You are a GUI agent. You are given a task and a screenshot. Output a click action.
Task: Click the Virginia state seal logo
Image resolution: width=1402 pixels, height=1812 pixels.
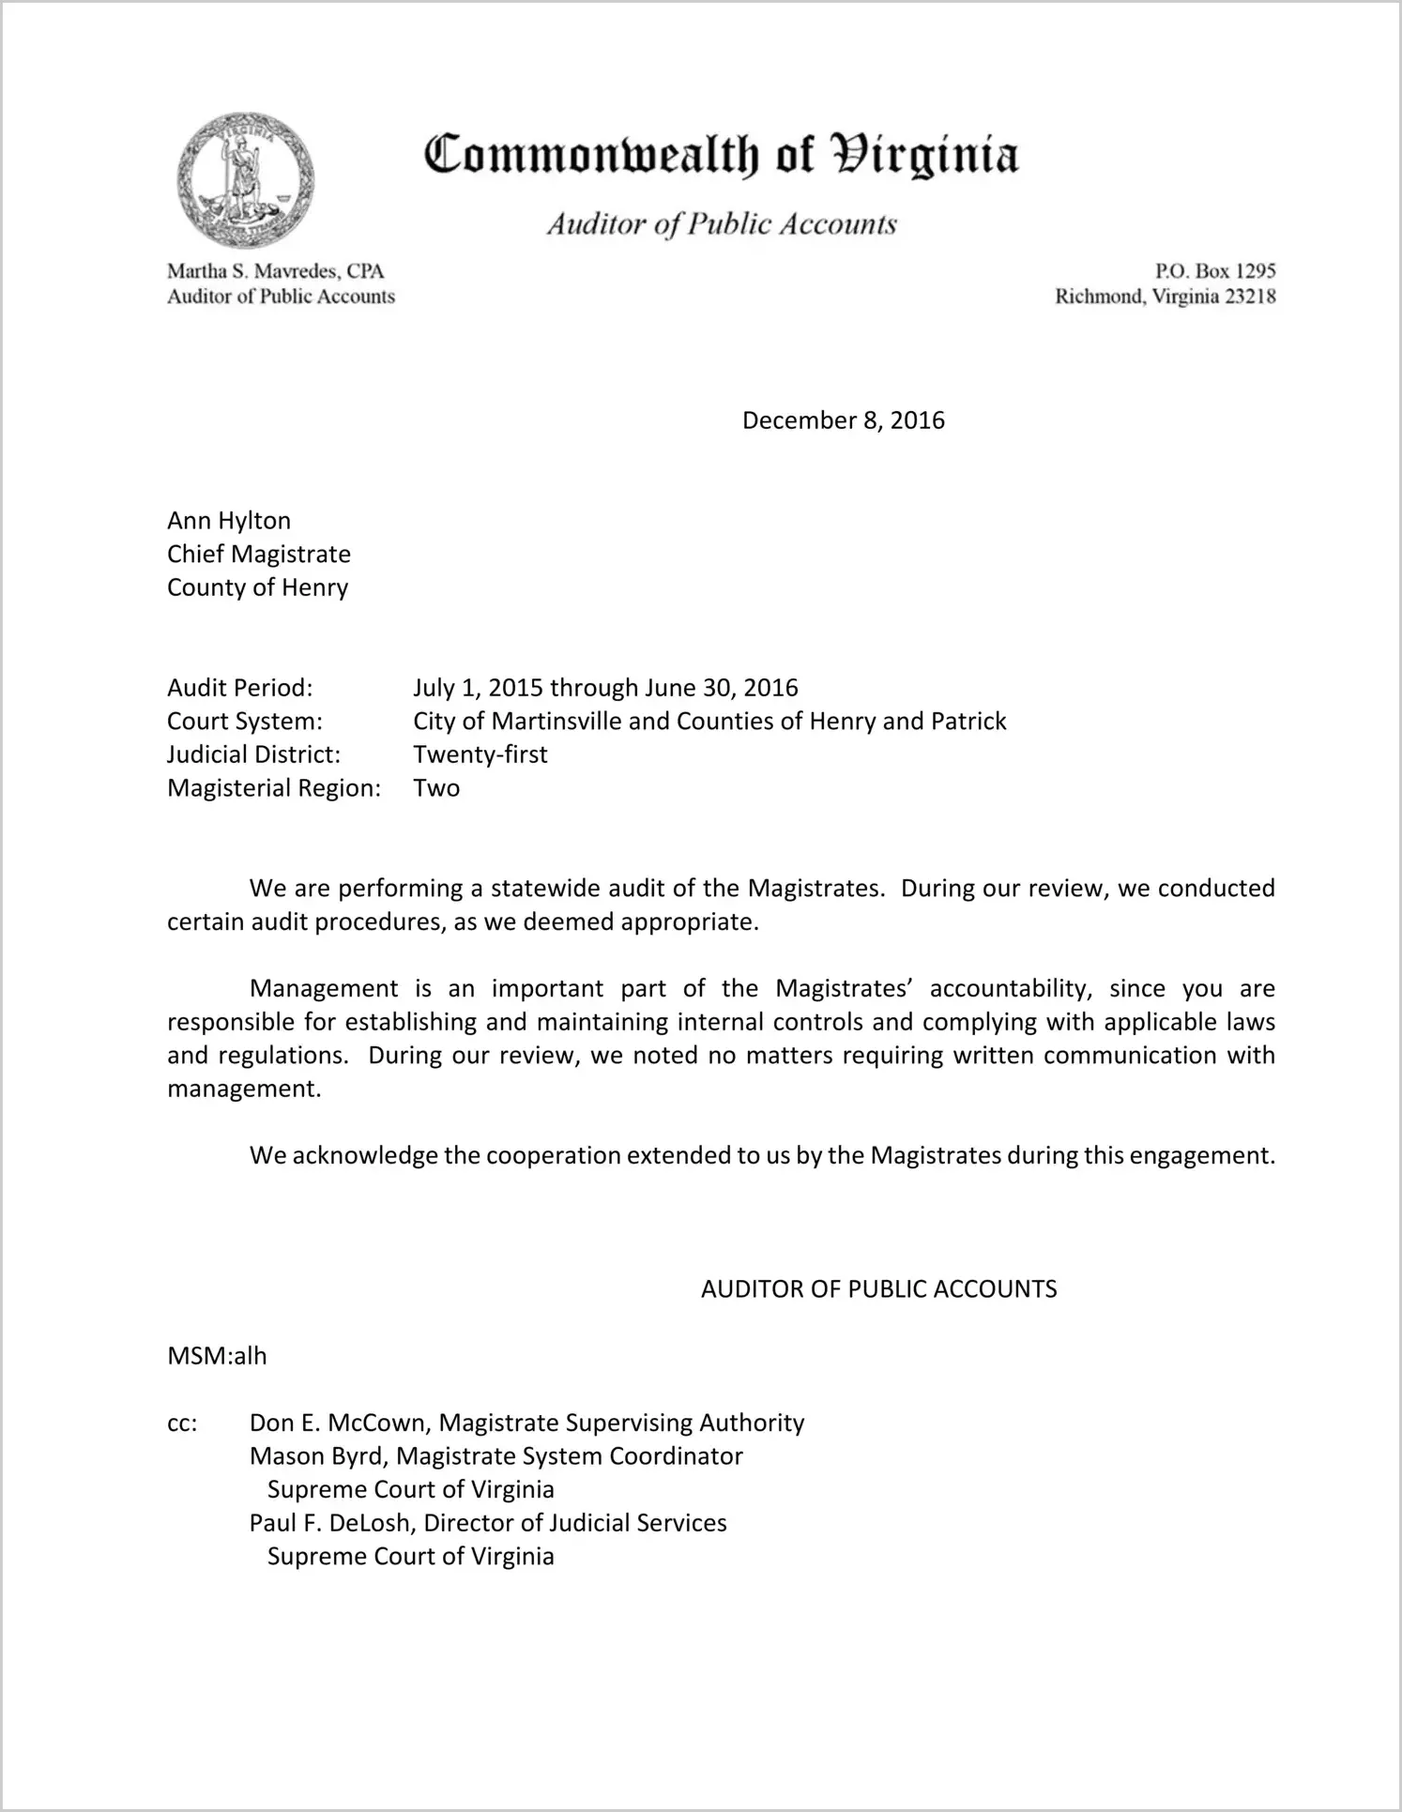[245, 180]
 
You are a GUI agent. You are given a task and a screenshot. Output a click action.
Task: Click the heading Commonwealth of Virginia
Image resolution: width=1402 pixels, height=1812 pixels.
[721, 156]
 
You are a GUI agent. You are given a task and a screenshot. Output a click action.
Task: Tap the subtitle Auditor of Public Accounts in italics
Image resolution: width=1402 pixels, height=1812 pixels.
[722, 224]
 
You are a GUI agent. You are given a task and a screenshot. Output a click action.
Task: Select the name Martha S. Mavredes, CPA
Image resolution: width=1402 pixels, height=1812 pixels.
[276, 271]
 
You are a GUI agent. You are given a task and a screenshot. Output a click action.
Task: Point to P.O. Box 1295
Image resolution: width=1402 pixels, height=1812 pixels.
[1215, 271]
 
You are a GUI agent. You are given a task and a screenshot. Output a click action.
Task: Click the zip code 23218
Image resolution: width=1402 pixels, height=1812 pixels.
[1244, 297]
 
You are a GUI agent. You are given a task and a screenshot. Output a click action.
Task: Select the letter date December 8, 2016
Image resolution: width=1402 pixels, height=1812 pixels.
[843, 420]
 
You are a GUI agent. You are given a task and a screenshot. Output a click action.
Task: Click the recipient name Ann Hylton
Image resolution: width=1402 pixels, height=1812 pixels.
[229, 521]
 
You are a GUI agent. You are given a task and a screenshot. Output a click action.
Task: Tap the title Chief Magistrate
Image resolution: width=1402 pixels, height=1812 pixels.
[259, 554]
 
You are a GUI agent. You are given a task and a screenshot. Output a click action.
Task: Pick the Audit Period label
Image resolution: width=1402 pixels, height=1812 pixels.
[239, 688]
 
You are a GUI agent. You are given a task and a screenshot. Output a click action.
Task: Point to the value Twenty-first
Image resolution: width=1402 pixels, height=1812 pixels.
[480, 754]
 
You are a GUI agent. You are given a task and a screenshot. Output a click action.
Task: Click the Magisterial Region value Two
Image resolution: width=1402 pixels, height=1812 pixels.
[436, 788]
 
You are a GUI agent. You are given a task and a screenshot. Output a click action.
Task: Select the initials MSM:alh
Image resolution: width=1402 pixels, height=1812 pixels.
[217, 1356]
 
